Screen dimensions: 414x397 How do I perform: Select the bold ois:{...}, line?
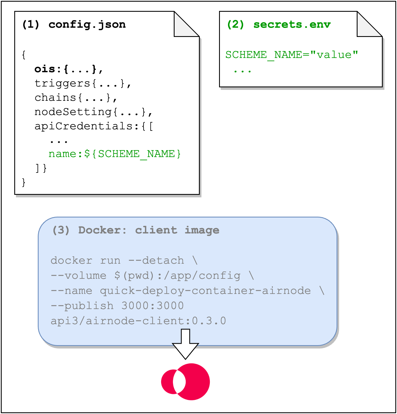[x=69, y=69]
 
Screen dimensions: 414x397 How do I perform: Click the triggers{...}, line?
[x=83, y=83]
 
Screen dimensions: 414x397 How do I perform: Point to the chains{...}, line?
[x=76, y=98]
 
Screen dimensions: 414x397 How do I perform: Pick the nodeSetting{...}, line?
[x=93, y=112]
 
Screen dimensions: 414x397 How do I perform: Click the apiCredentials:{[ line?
[x=94, y=126]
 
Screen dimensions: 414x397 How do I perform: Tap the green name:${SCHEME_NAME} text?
[x=115, y=154]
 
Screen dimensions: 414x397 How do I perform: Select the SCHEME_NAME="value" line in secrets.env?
[x=292, y=55]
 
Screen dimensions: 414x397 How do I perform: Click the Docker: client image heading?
[x=136, y=230]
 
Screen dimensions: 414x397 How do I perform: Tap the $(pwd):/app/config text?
[x=177, y=276]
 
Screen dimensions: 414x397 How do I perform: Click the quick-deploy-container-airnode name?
[x=205, y=291]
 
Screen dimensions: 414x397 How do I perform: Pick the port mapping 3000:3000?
[x=152, y=306]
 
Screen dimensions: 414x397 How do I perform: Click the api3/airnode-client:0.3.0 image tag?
[x=138, y=321]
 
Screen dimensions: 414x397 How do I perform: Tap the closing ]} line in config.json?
[x=41, y=168]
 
